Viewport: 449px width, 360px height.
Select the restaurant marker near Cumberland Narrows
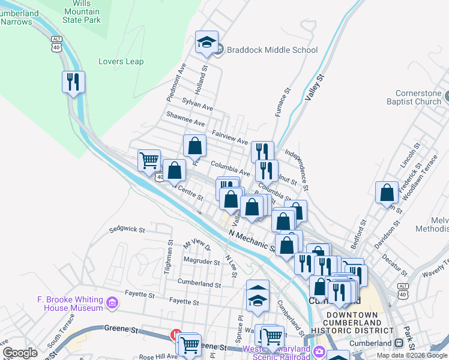click(73, 82)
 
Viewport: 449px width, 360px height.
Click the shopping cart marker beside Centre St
click(149, 160)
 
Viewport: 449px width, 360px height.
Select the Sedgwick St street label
click(128, 229)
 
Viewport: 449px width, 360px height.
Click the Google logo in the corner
click(20, 353)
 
